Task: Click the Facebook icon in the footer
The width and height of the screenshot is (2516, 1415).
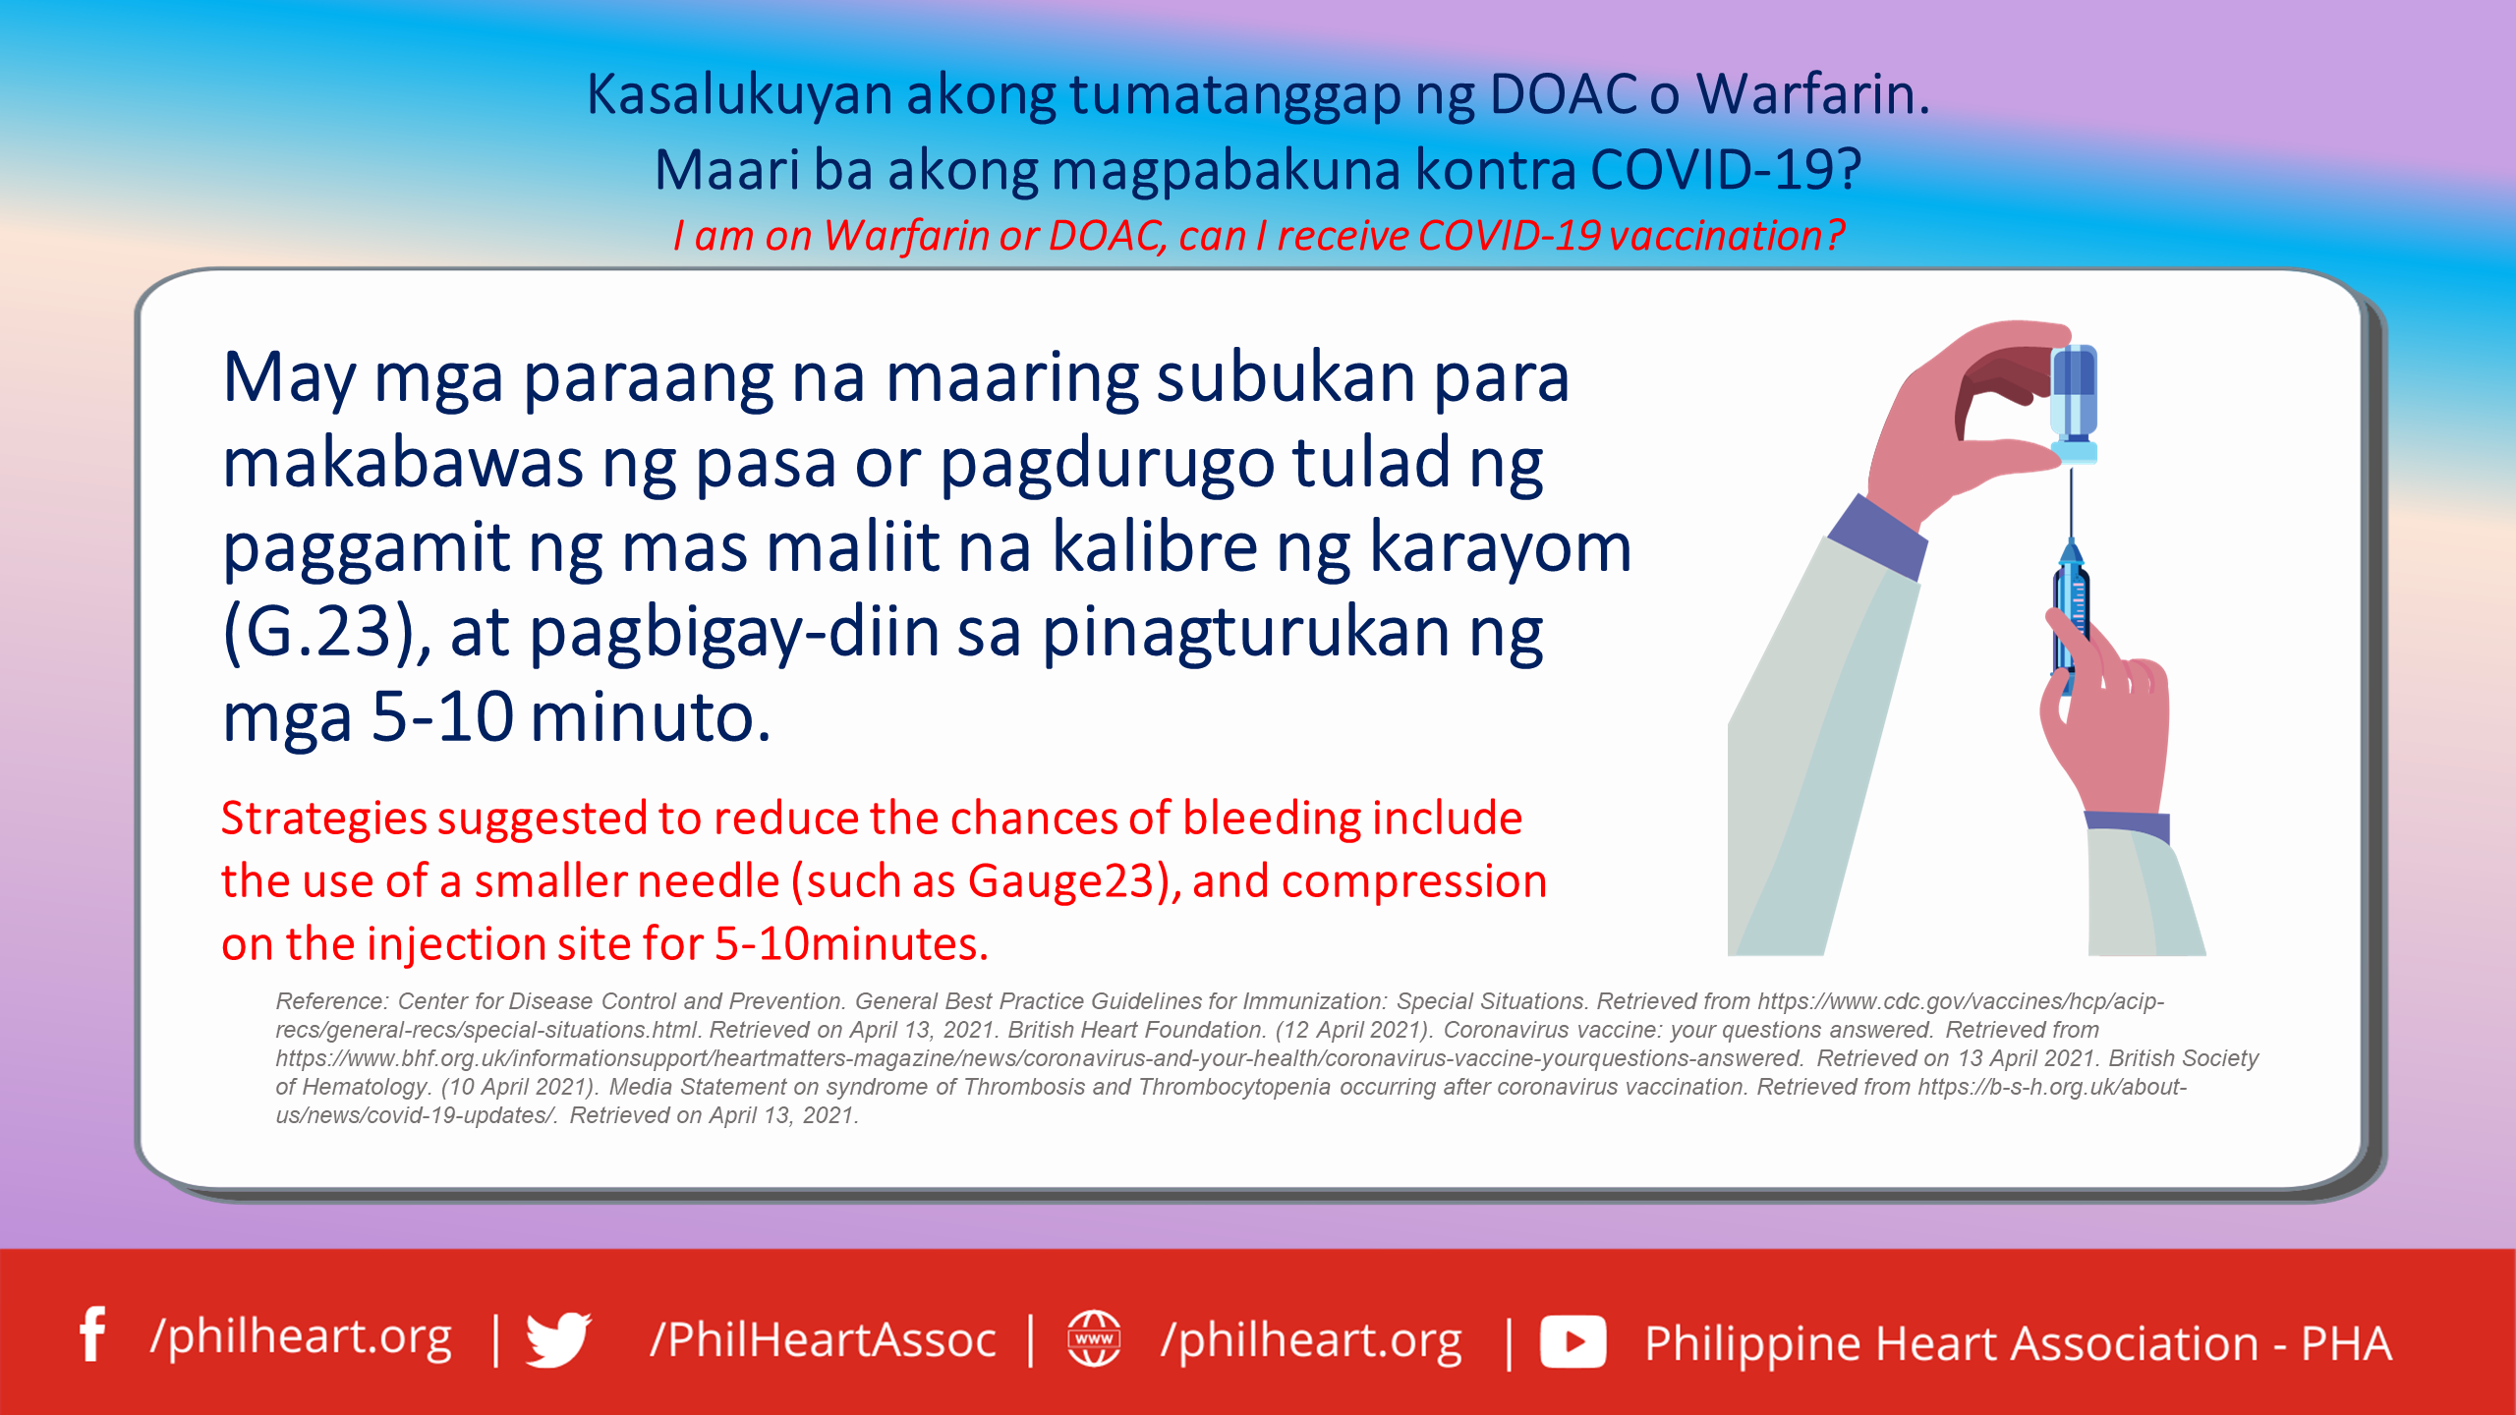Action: click(x=93, y=1334)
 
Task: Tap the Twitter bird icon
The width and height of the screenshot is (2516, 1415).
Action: click(x=558, y=1338)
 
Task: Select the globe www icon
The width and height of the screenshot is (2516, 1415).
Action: click(x=1094, y=1338)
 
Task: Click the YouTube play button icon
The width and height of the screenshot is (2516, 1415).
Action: click(x=1572, y=1342)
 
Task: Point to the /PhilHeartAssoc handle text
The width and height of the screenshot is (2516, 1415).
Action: click(x=823, y=1340)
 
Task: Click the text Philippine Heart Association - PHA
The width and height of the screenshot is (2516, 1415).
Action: click(x=2018, y=1343)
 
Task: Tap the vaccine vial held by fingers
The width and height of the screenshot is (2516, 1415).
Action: click(x=2074, y=403)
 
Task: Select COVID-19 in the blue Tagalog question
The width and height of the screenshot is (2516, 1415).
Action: click(x=1725, y=169)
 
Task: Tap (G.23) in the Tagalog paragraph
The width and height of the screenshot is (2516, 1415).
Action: click(x=325, y=632)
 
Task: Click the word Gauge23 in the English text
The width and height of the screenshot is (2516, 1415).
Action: click(x=1074, y=881)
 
